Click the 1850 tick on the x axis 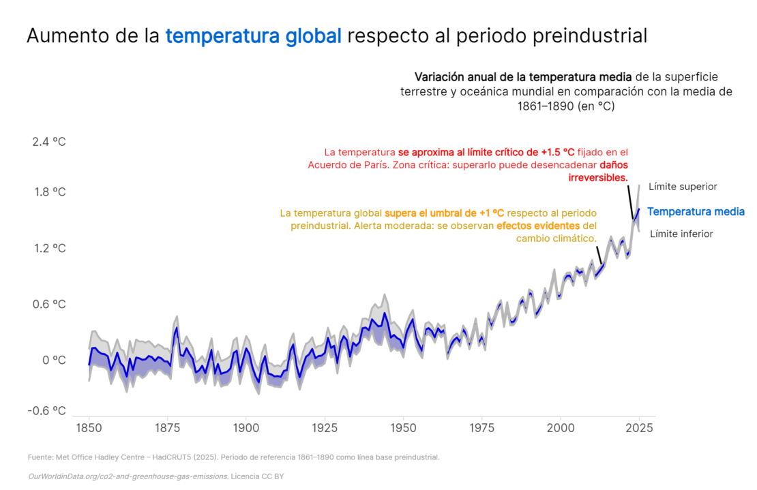click(x=89, y=428)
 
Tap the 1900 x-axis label click(x=246, y=428)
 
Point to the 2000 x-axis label click(x=560, y=428)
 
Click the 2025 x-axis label click(x=639, y=428)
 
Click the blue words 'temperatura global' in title click(x=253, y=36)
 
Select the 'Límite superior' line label click(x=683, y=186)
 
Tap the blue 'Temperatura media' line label click(x=696, y=212)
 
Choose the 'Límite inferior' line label click(x=681, y=234)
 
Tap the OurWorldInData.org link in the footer click(x=128, y=476)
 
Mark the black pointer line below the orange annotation click(x=599, y=254)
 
